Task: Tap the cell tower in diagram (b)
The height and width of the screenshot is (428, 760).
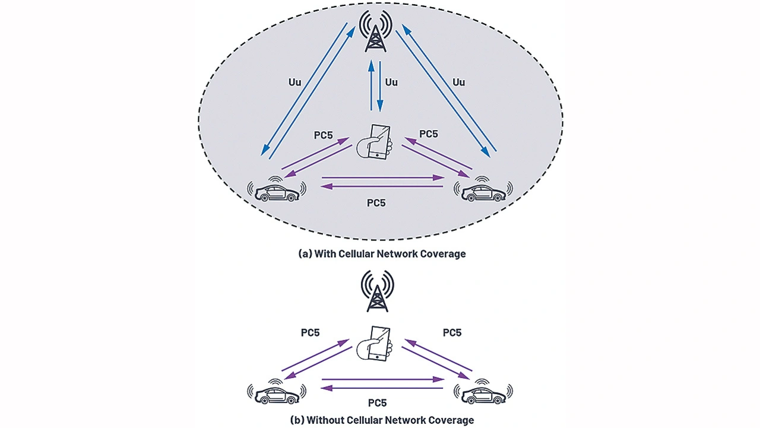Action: pos(378,291)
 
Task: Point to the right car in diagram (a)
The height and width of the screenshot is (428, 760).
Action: pos(482,190)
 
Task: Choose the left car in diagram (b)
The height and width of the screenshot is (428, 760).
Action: pos(277,392)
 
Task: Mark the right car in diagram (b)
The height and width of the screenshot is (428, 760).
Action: pos(482,392)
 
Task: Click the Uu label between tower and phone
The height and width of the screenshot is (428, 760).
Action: pos(392,82)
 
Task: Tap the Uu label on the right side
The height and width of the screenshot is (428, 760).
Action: pos(458,82)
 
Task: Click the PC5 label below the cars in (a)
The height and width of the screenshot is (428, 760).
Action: pos(376,203)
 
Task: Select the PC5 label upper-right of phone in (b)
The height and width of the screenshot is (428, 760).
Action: pos(452,333)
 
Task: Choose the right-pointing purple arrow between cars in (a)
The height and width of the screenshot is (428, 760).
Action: pos(384,177)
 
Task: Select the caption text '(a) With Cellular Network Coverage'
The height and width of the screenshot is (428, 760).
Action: pos(382,253)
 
